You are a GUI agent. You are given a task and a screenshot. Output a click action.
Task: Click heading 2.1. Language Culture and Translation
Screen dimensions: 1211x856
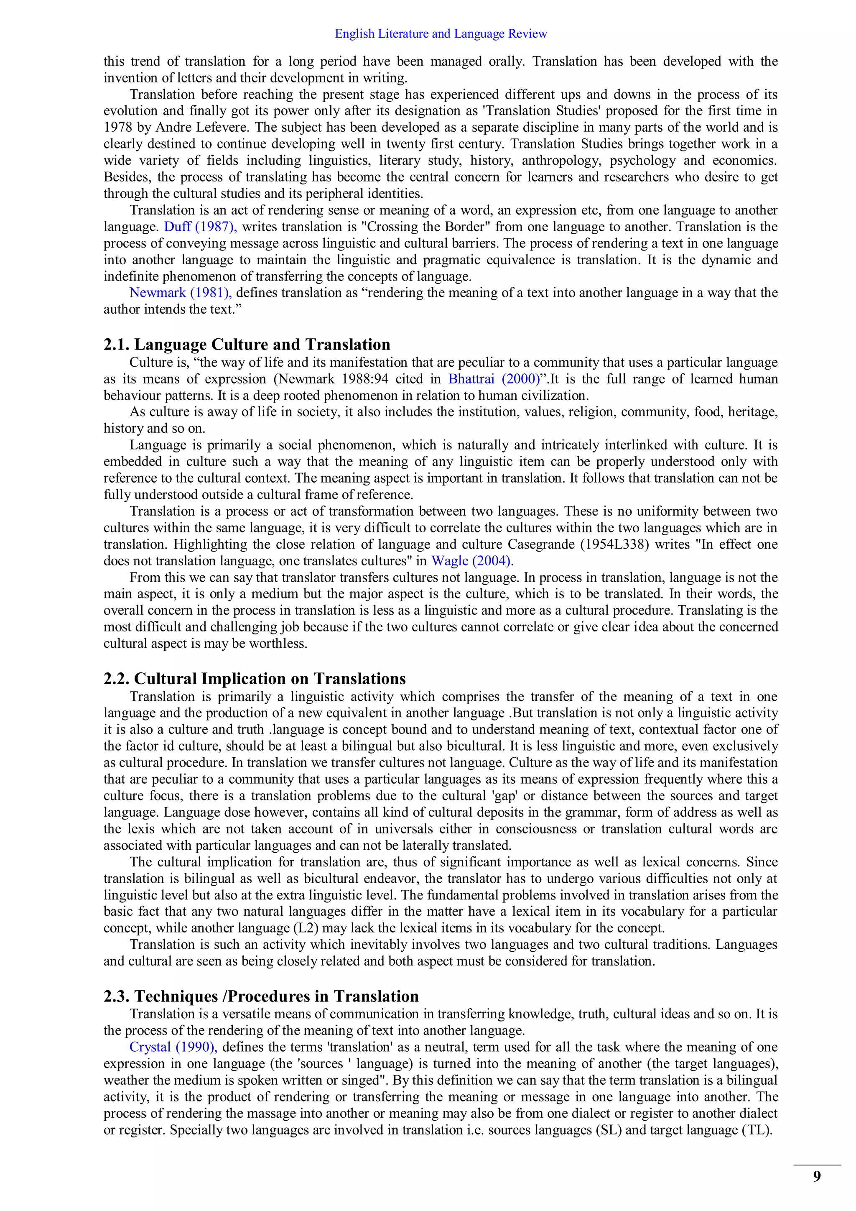point(247,345)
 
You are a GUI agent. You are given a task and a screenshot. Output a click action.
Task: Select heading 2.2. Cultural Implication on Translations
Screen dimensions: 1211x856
point(255,678)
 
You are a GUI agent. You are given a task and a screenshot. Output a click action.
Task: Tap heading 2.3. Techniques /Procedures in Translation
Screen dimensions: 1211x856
point(261,996)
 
